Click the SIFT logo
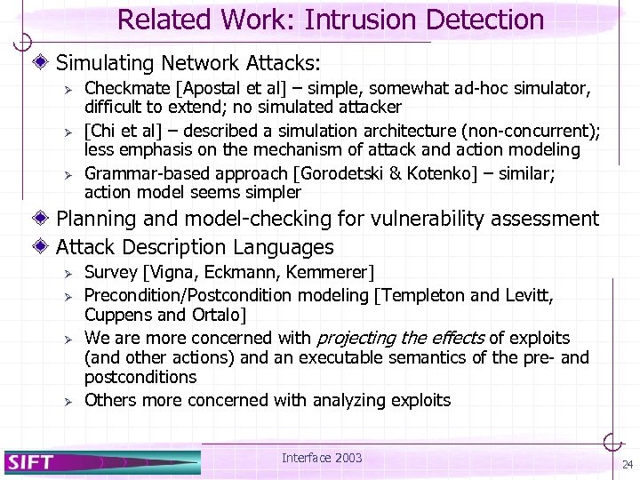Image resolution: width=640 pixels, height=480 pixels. coord(31,461)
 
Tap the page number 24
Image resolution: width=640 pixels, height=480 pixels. coord(628,465)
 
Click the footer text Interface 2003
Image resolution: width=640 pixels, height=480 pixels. coord(322,458)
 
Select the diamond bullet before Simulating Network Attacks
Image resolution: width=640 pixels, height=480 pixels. coord(45,63)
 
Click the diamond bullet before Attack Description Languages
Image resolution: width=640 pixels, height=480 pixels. coord(45,247)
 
